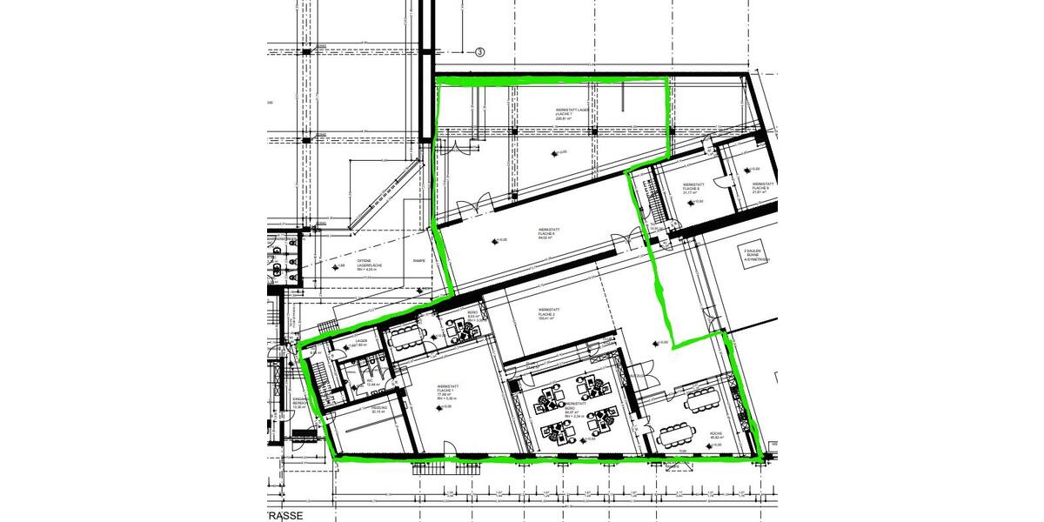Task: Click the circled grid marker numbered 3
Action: [478, 52]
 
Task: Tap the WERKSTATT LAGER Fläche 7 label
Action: [574, 113]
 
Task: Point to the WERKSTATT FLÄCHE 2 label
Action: [548, 313]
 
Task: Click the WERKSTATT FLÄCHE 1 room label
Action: [449, 392]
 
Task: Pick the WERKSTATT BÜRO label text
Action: [575, 410]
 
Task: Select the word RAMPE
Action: [418, 260]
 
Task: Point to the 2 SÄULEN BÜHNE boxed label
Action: [756, 253]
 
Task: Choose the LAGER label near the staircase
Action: [361, 342]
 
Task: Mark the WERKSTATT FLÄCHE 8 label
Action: [693, 188]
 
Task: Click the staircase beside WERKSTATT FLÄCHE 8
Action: [648, 198]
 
